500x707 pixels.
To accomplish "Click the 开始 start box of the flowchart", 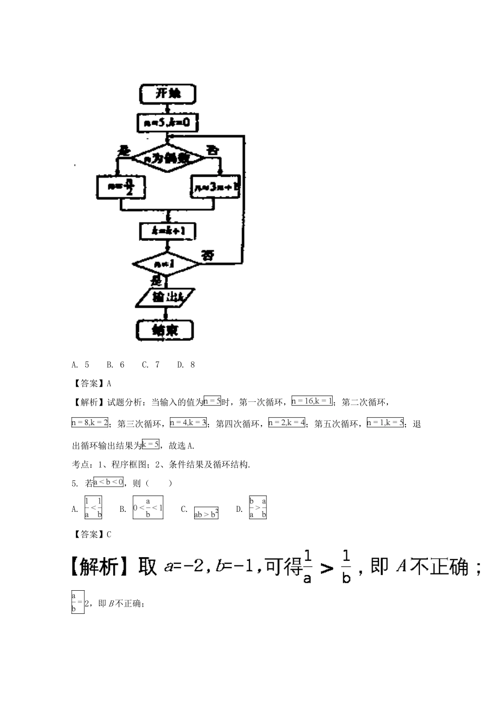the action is click(x=167, y=94).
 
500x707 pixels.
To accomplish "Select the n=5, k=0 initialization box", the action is click(x=167, y=123).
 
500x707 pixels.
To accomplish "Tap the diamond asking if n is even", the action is click(x=167, y=158).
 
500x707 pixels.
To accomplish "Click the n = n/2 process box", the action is click(x=122, y=187).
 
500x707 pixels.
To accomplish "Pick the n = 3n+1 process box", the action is click(x=215, y=187).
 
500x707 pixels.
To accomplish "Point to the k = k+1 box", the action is click(x=167, y=231).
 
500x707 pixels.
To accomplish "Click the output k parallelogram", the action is click(x=166, y=297).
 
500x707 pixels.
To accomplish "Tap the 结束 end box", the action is click(x=165, y=330).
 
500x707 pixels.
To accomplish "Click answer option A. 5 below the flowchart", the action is click(x=80, y=365).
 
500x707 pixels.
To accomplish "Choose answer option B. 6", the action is click(x=115, y=365).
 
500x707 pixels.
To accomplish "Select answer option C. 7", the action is click(x=151, y=365).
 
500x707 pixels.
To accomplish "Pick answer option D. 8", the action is click(x=186, y=365).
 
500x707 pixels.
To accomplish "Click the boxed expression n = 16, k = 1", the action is click(x=312, y=401).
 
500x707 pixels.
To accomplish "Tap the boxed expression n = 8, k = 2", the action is click(x=90, y=422).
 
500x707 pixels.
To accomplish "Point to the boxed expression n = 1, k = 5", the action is click(x=385, y=422).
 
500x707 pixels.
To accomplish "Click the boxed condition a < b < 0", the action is click(x=108, y=482).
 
